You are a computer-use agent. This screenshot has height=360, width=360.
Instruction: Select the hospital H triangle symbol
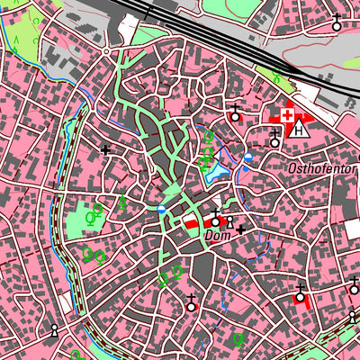[x=301, y=129]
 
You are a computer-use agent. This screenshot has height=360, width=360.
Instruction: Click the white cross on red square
[x=287, y=116]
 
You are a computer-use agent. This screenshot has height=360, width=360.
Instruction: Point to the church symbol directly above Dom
[x=216, y=219]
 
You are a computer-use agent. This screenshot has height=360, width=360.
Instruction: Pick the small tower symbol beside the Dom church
[x=229, y=222]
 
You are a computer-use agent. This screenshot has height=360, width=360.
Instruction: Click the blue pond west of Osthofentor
[x=214, y=171]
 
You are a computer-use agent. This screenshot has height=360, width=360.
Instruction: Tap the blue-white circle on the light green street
[x=162, y=209]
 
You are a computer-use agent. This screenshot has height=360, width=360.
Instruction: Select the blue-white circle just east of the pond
[x=247, y=158]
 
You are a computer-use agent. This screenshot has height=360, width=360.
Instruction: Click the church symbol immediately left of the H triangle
[x=275, y=139]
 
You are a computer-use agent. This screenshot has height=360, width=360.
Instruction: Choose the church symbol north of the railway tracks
[x=337, y=23]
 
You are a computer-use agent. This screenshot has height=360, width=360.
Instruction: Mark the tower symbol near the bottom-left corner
[x=54, y=330]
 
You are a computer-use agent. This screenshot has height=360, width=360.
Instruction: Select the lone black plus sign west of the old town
[x=106, y=149]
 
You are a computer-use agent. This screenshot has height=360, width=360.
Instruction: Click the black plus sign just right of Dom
[x=240, y=229]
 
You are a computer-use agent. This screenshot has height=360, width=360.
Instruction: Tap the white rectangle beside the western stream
[x=64, y=302]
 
